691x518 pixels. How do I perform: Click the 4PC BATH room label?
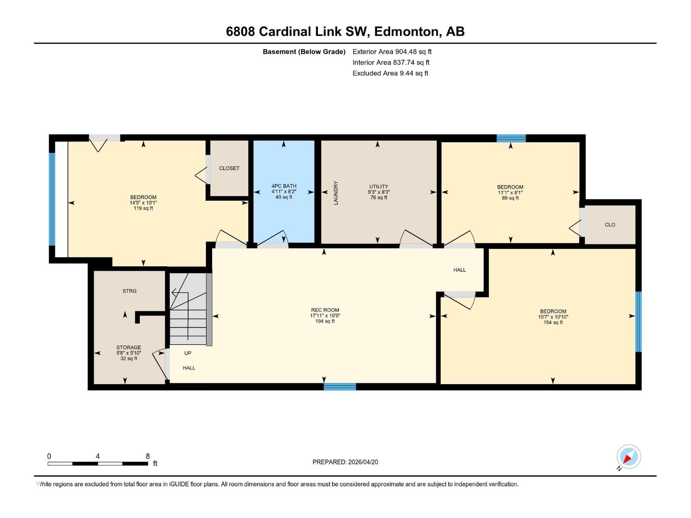pyautogui.click(x=284, y=186)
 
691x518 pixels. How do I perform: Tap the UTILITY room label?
pyautogui.click(x=379, y=186)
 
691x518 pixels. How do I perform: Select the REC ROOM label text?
pyautogui.click(x=325, y=310)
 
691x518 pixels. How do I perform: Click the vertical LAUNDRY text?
pyautogui.click(x=336, y=193)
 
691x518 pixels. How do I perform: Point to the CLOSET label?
pyautogui.click(x=229, y=168)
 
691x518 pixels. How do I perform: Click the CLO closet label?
pyautogui.click(x=610, y=225)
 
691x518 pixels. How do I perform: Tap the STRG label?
pyautogui.click(x=129, y=291)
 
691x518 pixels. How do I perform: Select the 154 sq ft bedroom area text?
pyautogui.click(x=553, y=322)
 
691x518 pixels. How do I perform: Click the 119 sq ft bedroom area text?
pyautogui.click(x=143, y=208)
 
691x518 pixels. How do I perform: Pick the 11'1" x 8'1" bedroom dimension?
pyautogui.click(x=510, y=193)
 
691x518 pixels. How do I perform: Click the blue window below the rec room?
pyautogui.click(x=340, y=386)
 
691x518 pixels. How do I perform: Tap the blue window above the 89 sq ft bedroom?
pyautogui.click(x=511, y=138)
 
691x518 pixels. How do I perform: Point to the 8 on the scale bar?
pyautogui.click(x=148, y=456)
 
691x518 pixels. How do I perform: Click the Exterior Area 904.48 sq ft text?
pyautogui.click(x=392, y=51)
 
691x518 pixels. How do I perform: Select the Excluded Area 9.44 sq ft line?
pyautogui.click(x=390, y=73)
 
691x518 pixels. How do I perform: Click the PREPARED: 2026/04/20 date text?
pyautogui.click(x=345, y=462)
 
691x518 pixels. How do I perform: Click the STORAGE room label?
pyautogui.click(x=129, y=347)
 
